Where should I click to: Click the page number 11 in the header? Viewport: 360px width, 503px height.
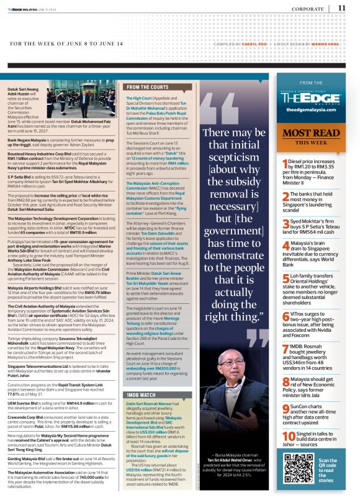pyautogui.click(x=342, y=8)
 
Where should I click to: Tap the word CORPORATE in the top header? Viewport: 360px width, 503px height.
pyautogui.click(x=308, y=9)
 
